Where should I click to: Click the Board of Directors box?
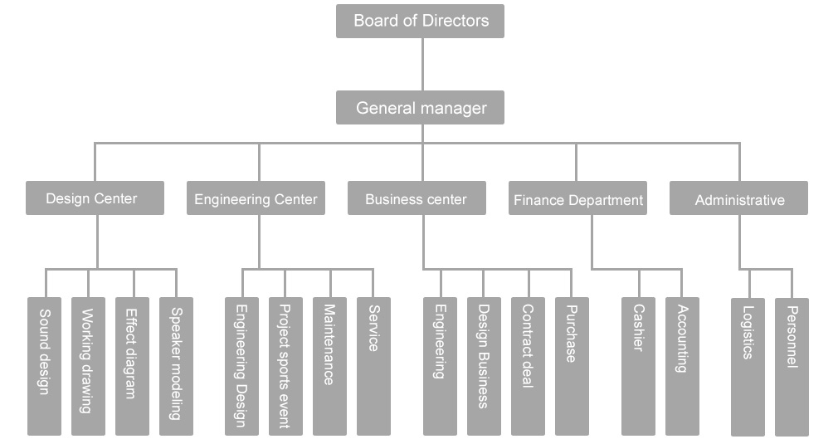tap(420, 21)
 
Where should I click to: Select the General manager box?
tap(420, 108)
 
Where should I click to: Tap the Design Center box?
tap(95, 198)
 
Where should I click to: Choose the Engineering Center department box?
tap(256, 199)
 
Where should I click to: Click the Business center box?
tap(417, 199)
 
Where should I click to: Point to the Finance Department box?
tap(577, 199)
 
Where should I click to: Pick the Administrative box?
tap(738, 199)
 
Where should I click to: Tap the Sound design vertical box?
tap(44, 365)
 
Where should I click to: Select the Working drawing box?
tap(88, 365)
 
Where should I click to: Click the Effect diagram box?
tap(132, 365)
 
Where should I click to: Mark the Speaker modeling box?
tap(176, 365)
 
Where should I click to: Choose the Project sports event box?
tap(285, 365)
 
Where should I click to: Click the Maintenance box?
tap(329, 365)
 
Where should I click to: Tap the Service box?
tap(373, 365)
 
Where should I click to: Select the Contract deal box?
tap(528, 365)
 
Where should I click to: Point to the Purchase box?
tap(572, 365)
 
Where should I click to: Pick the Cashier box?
tap(638, 365)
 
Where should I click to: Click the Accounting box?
tap(682, 365)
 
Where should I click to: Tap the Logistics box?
tap(748, 365)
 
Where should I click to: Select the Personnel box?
tap(792, 365)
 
